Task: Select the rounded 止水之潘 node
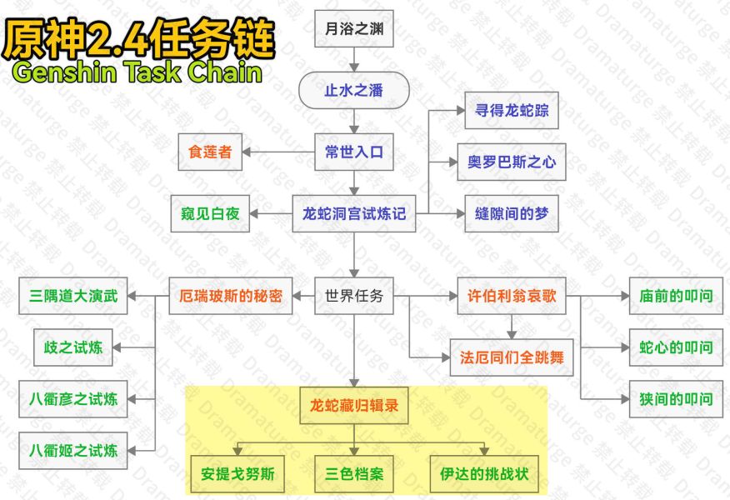[x=354, y=90]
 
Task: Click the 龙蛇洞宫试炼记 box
[x=354, y=214]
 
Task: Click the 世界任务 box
[x=354, y=296]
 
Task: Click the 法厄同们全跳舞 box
[x=512, y=357]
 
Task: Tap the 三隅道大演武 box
[x=73, y=296]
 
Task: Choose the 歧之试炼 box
[x=73, y=347]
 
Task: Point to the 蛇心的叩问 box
[x=676, y=347]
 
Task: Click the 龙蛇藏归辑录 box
[x=354, y=407]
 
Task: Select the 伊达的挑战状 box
[x=484, y=476]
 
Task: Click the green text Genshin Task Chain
[x=137, y=72]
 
